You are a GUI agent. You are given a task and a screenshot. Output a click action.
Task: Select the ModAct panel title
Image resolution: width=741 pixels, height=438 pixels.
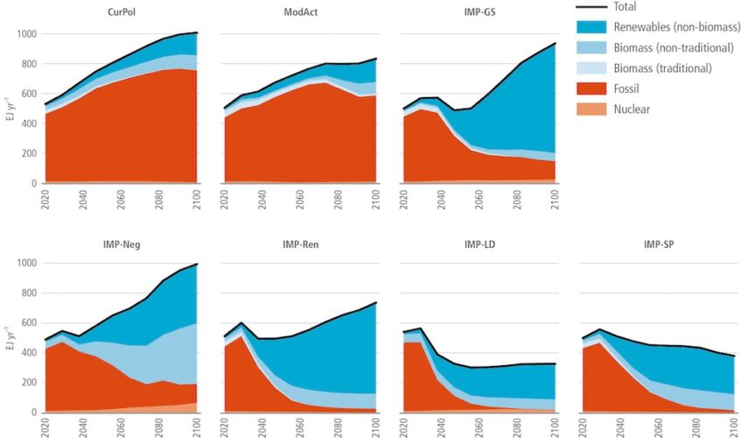[x=301, y=11]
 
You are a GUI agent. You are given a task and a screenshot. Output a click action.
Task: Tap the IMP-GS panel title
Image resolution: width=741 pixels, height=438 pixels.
[x=479, y=11]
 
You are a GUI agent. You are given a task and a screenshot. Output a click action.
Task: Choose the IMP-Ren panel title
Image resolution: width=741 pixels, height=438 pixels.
[x=301, y=244]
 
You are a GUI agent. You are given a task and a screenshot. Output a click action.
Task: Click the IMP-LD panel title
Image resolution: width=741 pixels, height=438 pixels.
[x=479, y=244]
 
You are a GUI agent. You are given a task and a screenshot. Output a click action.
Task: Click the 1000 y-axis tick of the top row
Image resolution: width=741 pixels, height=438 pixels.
[x=26, y=34]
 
